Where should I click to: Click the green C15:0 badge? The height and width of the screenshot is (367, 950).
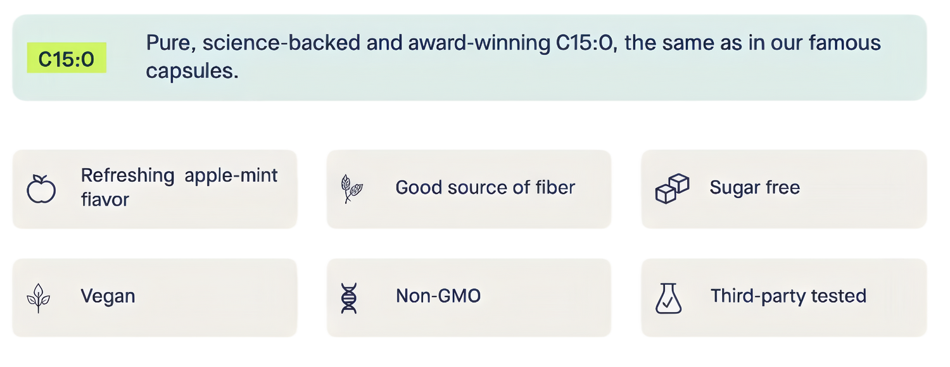(x=66, y=58)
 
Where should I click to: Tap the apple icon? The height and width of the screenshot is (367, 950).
(x=41, y=189)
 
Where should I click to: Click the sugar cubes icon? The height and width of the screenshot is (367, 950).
(x=672, y=189)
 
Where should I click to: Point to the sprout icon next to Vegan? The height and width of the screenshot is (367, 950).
(x=39, y=298)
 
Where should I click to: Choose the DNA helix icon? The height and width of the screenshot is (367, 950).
(x=349, y=298)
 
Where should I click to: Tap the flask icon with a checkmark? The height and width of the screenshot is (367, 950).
(x=668, y=298)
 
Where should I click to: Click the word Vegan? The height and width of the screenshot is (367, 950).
(x=108, y=296)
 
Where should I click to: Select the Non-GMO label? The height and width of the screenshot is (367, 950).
(x=438, y=295)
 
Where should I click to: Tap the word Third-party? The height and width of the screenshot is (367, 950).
(x=758, y=296)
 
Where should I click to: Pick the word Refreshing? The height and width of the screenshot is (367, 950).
(x=128, y=175)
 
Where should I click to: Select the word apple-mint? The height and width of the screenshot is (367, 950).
(x=231, y=175)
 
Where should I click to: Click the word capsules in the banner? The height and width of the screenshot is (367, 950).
(x=192, y=72)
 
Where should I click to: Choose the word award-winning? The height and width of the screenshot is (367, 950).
(x=479, y=43)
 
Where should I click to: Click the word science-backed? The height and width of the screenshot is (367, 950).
(x=282, y=43)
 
